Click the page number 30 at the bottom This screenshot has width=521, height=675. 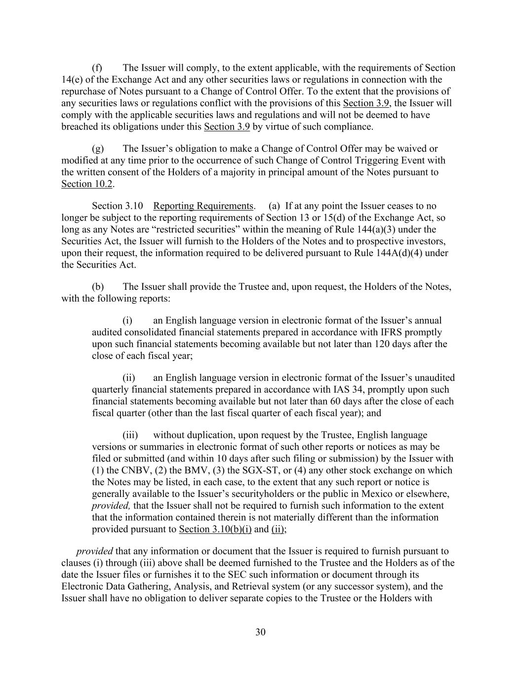pyautogui.click(x=260, y=632)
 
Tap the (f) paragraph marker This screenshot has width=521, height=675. pyautogui.click(x=97, y=68)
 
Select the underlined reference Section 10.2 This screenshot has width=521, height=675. pyautogui.click(x=87, y=184)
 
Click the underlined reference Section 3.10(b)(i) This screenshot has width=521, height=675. pyautogui.click(x=215, y=530)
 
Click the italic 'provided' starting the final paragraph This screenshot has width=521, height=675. pyautogui.click(x=94, y=551)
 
